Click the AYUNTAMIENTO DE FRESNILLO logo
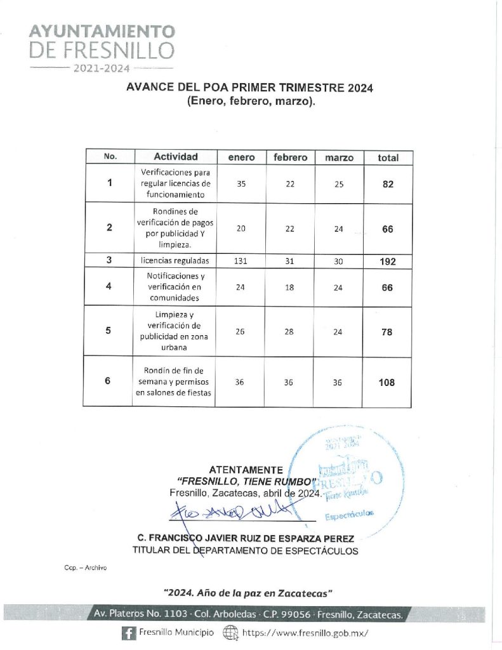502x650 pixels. [102, 48]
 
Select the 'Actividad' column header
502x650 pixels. [175, 157]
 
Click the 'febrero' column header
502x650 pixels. [290, 157]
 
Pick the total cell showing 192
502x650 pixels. [387, 261]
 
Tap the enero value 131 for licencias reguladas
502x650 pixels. [241, 261]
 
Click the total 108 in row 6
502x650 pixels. [386, 382]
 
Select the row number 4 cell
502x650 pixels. [109, 287]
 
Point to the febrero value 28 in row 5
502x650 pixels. [290, 331]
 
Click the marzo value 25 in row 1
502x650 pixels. [338, 184]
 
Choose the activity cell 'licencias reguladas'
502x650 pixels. [175, 261]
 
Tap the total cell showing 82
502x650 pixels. [388, 184]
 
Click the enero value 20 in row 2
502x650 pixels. [241, 229]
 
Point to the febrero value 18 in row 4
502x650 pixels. [290, 288]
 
